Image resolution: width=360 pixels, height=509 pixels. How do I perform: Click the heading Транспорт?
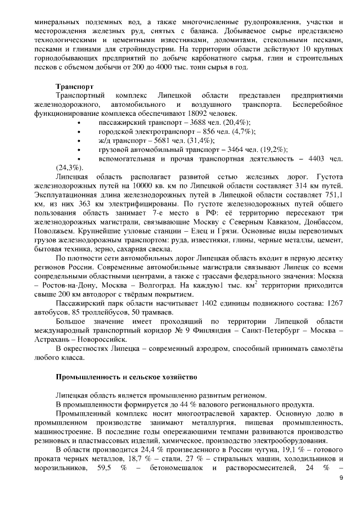point(74,87)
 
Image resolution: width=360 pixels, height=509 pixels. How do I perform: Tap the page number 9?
point(340,478)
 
